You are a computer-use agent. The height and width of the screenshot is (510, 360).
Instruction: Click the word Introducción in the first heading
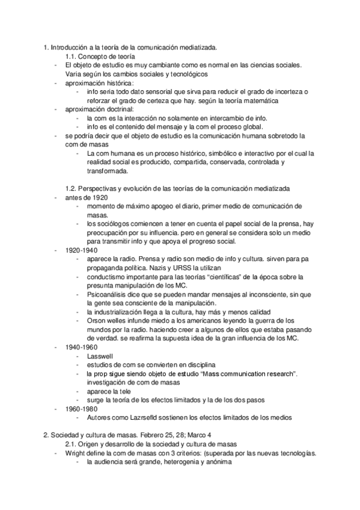[70, 46]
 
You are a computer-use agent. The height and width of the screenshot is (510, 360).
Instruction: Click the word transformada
[107, 171]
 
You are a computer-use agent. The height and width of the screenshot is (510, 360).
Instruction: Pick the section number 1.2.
[72, 188]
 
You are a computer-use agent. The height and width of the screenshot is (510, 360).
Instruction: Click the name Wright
[76, 454]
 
